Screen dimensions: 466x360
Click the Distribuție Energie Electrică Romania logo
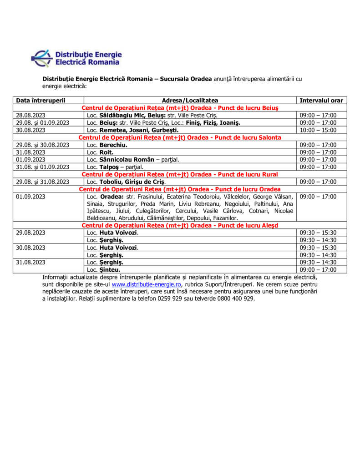click(x=76, y=58)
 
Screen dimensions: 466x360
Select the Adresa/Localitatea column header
click(x=190, y=100)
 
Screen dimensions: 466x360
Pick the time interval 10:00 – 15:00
click(x=318, y=130)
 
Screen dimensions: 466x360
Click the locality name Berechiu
click(x=113, y=145)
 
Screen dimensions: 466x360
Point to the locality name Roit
click(x=106, y=152)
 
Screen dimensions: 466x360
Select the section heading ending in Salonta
click(x=180, y=137)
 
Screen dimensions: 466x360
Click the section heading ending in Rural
click(x=180, y=174)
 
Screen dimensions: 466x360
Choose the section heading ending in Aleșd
click(x=180, y=225)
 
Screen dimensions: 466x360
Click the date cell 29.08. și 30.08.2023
click(x=42, y=145)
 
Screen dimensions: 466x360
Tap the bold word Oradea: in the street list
click(x=112, y=197)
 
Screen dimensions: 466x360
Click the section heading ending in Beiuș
click(x=180, y=108)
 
